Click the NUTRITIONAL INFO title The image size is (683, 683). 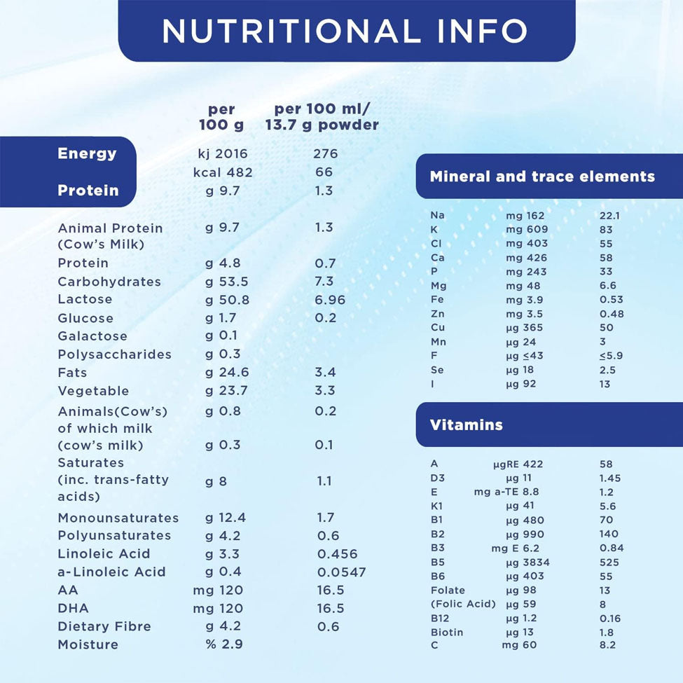(x=345, y=30)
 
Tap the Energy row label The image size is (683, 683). (x=87, y=153)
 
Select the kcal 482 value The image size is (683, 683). (x=223, y=172)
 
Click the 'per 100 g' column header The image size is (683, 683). (x=221, y=118)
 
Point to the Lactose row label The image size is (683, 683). (x=85, y=299)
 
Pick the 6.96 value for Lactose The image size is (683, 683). (x=330, y=300)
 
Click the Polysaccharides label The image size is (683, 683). (x=114, y=354)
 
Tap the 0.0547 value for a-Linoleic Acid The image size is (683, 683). (x=341, y=572)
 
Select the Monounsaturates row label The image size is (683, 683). (x=118, y=518)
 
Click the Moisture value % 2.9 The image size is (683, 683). (x=224, y=644)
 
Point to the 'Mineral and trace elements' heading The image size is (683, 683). (x=542, y=177)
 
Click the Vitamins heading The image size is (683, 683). (x=466, y=425)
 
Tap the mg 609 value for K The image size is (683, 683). (x=525, y=230)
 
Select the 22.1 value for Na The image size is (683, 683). (x=609, y=216)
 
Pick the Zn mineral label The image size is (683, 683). (x=437, y=314)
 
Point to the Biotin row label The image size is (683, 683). (x=447, y=633)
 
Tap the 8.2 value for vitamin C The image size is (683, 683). (x=607, y=645)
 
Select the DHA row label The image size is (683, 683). (x=74, y=608)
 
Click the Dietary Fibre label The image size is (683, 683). (x=104, y=626)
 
